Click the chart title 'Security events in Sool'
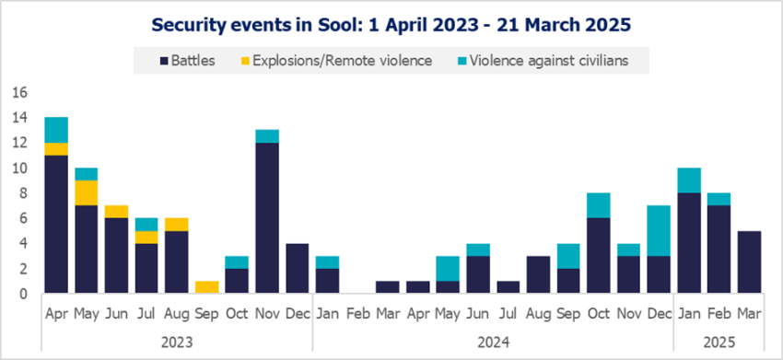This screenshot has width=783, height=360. pyautogui.click(x=391, y=22)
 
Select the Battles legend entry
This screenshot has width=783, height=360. pyautogui.click(x=189, y=62)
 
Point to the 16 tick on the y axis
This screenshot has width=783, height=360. pyautogui.click(x=19, y=93)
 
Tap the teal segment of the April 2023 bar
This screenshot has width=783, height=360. pyautogui.click(x=55, y=130)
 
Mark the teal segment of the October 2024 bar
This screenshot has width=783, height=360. pyautogui.click(x=597, y=206)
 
